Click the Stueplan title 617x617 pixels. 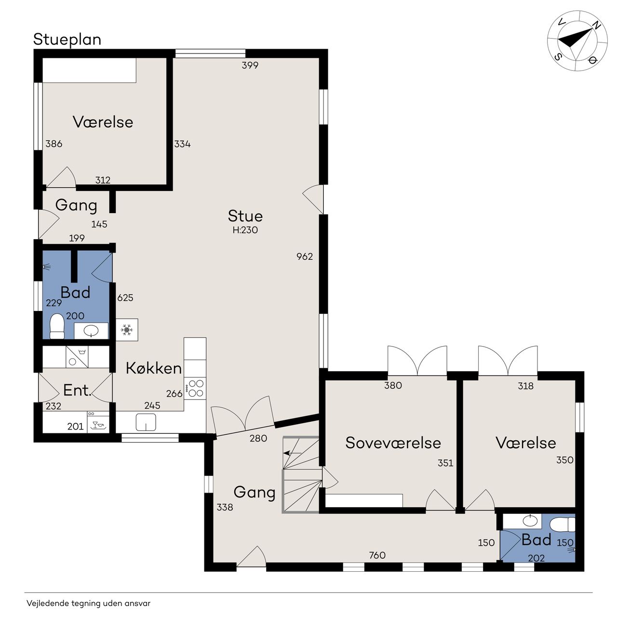[x=67, y=40]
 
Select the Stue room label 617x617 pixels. [x=245, y=216]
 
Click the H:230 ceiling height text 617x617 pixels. [x=245, y=230]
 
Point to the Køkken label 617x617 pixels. [x=154, y=368]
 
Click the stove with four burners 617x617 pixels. [x=196, y=389]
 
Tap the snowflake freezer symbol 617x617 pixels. [x=127, y=330]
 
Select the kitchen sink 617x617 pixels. [x=146, y=422]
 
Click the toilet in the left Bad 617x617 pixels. [x=57, y=326]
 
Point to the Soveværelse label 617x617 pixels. [x=393, y=443]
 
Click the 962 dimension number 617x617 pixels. [x=305, y=256]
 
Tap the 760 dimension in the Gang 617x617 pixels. [x=377, y=555]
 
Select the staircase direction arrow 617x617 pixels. [x=292, y=453]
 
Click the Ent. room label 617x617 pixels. [x=78, y=390]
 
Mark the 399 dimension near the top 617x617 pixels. [x=250, y=66]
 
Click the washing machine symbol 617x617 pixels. [x=77, y=357]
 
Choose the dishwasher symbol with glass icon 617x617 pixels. [x=98, y=422]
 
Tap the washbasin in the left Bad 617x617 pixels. [x=91, y=331]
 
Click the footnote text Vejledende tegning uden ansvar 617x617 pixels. [x=88, y=603]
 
